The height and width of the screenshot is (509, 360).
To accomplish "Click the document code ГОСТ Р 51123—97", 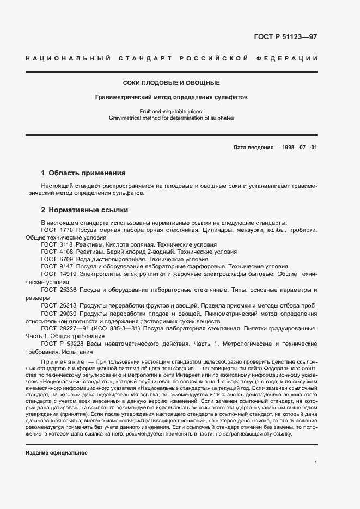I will pos(285,37).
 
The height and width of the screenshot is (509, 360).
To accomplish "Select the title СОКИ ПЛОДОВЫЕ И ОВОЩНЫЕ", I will pos(171,83).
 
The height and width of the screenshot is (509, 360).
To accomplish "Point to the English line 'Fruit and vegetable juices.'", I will pos(171,111).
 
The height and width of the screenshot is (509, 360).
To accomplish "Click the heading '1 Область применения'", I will pos(83,173).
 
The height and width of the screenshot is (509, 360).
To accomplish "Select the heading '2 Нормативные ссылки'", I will pos(84,210).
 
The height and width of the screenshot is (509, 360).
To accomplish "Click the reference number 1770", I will pos(66,230).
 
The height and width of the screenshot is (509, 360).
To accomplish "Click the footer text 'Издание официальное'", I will pos(57,438).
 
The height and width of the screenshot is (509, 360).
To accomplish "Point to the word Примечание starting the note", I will pos(62,362).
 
